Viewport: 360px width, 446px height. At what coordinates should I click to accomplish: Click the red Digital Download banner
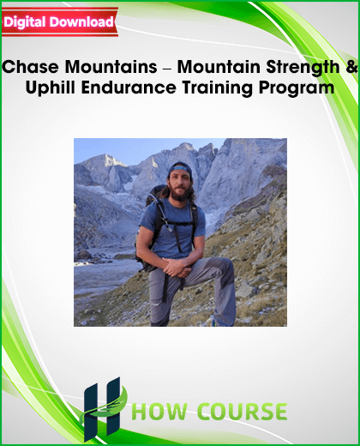click(x=60, y=22)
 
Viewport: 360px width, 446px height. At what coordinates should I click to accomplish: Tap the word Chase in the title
click(x=30, y=67)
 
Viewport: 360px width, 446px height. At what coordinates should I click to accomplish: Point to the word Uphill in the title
click(x=51, y=88)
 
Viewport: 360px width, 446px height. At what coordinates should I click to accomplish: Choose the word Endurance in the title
click(x=129, y=87)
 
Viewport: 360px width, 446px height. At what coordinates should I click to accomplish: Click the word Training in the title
click(x=218, y=88)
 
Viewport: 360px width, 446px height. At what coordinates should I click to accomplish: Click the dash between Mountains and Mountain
click(x=167, y=69)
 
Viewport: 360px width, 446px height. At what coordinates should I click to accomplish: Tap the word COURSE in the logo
click(x=243, y=412)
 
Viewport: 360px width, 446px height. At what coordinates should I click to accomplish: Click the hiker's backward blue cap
click(x=180, y=168)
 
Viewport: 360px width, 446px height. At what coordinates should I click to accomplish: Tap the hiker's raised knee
click(x=220, y=265)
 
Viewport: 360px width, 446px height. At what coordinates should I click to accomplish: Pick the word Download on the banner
click(x=81, y=22)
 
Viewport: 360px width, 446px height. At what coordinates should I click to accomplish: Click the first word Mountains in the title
click(x=111, y=67)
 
